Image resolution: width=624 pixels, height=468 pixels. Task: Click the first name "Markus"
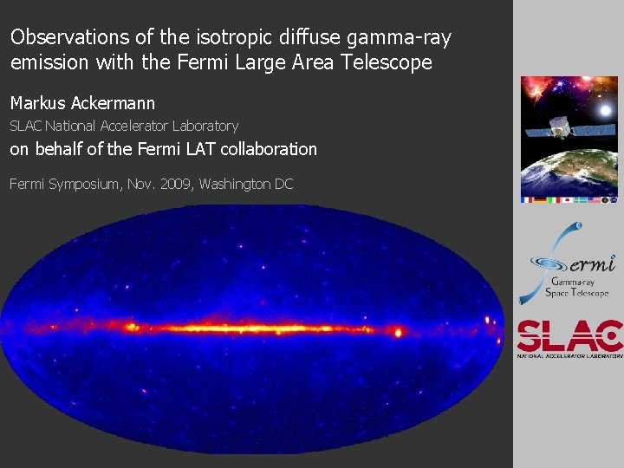[37, 104]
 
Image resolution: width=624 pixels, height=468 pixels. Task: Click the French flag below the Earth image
[528, 199]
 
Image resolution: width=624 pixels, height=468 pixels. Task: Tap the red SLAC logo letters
[569, 335]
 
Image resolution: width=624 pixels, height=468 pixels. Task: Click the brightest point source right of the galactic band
[399, 332]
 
